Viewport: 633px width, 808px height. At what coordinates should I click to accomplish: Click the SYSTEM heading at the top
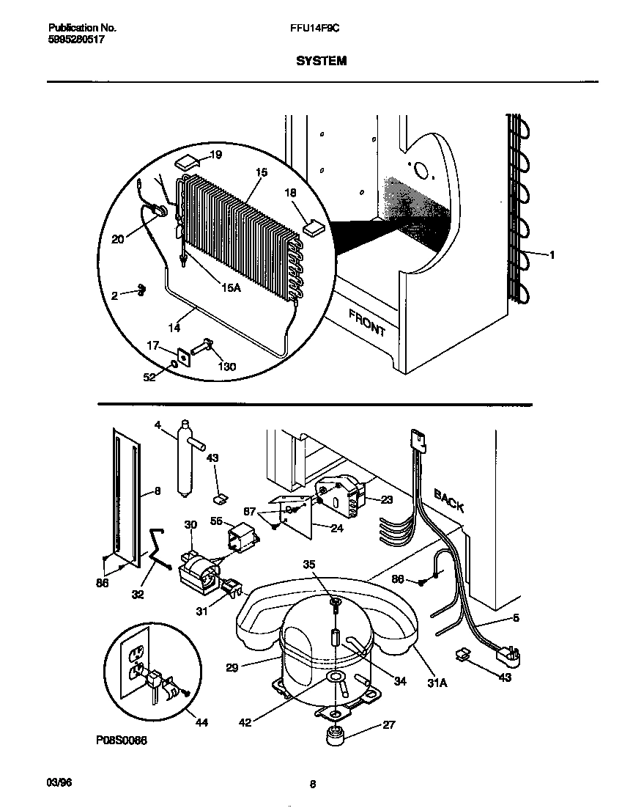coord(321,62)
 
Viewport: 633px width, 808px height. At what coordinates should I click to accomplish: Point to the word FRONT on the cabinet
coord(367,323)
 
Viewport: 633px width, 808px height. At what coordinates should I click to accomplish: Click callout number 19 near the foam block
coord(215,155)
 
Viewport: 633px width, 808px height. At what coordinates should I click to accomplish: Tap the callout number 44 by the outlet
coord(201,723)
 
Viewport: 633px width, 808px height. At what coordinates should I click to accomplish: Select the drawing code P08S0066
coord(121,741)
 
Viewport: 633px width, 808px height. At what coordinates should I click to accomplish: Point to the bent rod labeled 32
coord(159,551)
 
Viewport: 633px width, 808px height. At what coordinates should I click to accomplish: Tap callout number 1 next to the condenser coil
coord(551,254)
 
